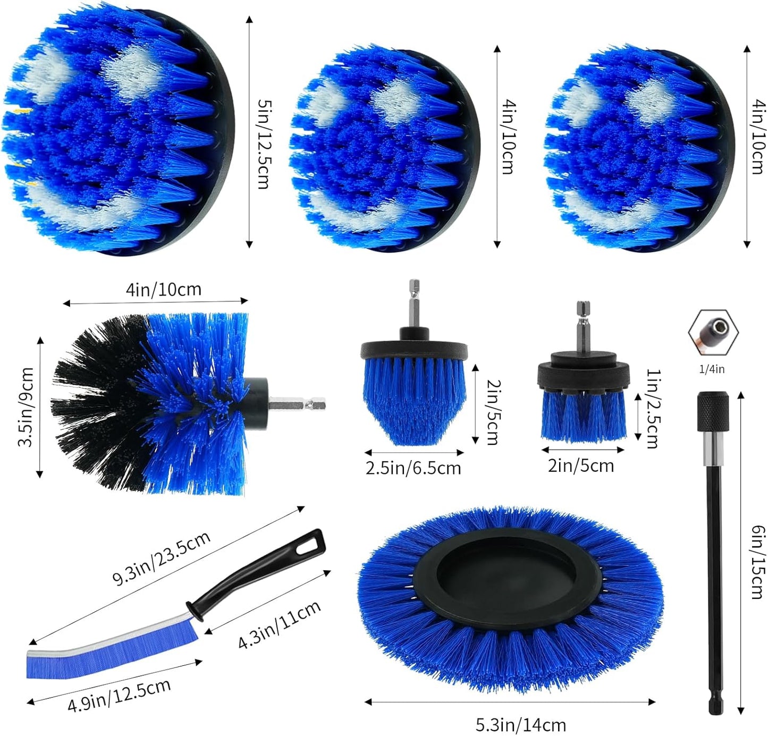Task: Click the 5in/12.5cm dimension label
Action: [263, 143]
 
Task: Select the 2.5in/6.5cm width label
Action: [413, 469]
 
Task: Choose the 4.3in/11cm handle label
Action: [279, 624]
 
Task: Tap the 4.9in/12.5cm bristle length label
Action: [119, 695]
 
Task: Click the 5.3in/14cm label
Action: [520, 724]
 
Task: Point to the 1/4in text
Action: [712, 369]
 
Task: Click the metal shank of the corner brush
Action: [297, 404]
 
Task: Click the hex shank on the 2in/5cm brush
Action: [583, 327]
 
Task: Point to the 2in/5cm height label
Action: [493, 411]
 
